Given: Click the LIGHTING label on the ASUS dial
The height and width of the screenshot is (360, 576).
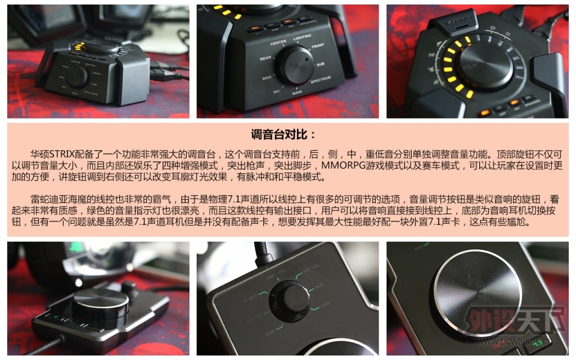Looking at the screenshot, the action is click(302, 37).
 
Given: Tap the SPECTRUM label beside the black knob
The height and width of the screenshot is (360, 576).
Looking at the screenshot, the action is click(321, 80).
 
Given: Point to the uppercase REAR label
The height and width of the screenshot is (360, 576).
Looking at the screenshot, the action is click(265, 58).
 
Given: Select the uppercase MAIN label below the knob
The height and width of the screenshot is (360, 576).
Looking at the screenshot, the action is click(297, 93).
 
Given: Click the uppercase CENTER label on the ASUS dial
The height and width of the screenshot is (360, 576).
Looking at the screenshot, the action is click(278, 43).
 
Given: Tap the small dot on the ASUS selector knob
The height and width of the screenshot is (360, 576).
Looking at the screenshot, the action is click(307, 58).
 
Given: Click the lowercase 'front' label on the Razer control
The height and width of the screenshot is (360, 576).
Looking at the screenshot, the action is click(251, 299).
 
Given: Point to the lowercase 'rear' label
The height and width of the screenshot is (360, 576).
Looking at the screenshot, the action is click(326, 304).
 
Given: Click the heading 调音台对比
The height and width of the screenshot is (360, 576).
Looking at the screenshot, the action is click(282, 134).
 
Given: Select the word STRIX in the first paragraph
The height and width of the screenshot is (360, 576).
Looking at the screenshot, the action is click(62, 154).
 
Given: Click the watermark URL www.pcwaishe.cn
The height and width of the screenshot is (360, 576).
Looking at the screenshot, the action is click(514, 341).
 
